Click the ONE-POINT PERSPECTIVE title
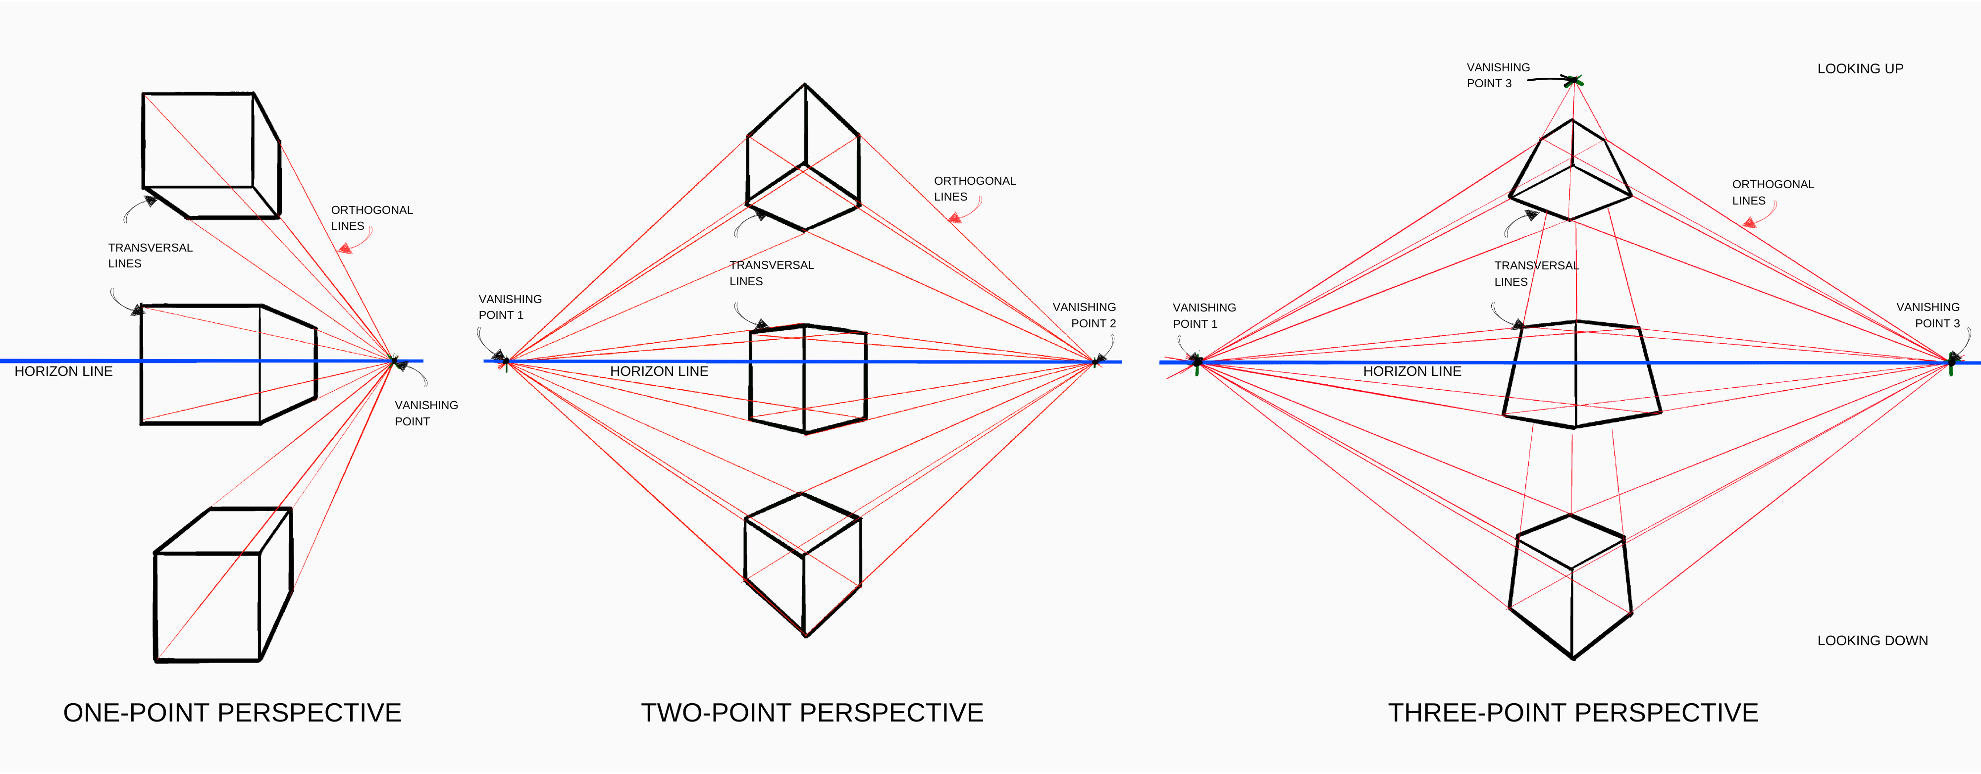tap(232, 713)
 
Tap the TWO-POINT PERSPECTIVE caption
tap(812, 713)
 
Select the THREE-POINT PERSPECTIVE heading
tap(1572, 713)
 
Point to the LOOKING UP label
tap(1860, 68)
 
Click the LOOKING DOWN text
tap(1872, 640)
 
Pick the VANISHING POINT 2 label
tap(1084, 315)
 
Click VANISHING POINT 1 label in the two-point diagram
tap(510, 307)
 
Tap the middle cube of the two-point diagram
tap(807, 378)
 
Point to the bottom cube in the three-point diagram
tap(1570, 588)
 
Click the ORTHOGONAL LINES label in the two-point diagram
tap(974, 188)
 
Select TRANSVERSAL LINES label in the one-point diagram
tap(150, 255)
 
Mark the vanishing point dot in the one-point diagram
tap(395, 361)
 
